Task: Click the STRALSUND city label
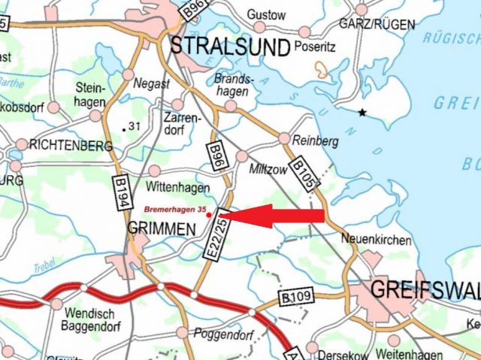(230, 47)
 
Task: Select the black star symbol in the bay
(363, 113)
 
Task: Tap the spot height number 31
(135, 126)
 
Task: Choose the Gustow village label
(267, 15)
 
